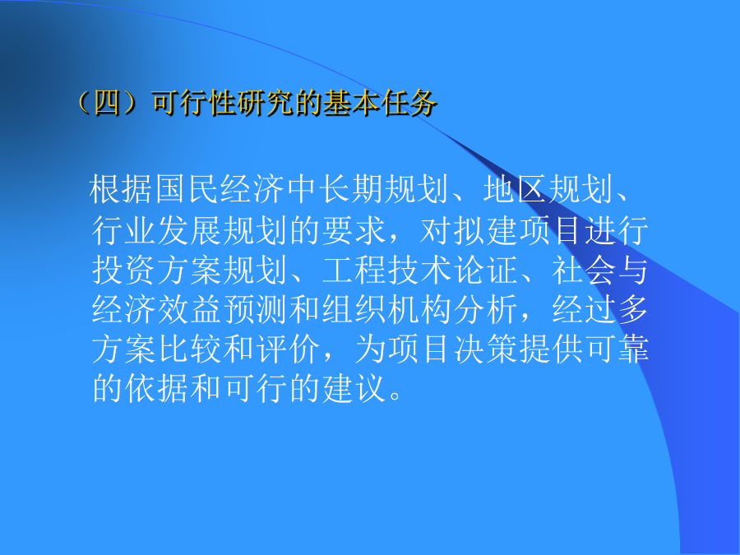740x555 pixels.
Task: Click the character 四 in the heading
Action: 107,103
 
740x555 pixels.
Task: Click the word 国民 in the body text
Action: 187,189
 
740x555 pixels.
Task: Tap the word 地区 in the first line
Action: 516,189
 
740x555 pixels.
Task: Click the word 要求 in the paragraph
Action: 354,230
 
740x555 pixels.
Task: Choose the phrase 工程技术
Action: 387,270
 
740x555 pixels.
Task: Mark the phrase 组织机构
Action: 387,310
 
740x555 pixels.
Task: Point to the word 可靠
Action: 617,349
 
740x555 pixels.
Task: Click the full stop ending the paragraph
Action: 395,395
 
